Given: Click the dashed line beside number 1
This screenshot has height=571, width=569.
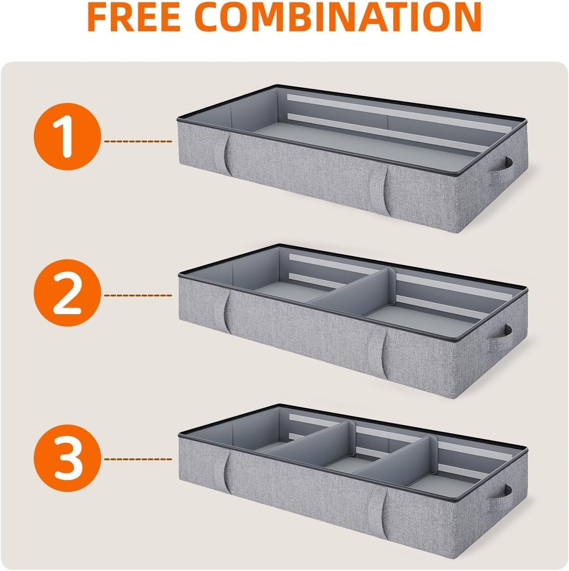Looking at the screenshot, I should (x=138, y=141).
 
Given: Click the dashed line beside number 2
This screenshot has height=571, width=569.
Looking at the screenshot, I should (x=138, y=295).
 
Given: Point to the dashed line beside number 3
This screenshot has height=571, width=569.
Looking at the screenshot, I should (x=138, y=459).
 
